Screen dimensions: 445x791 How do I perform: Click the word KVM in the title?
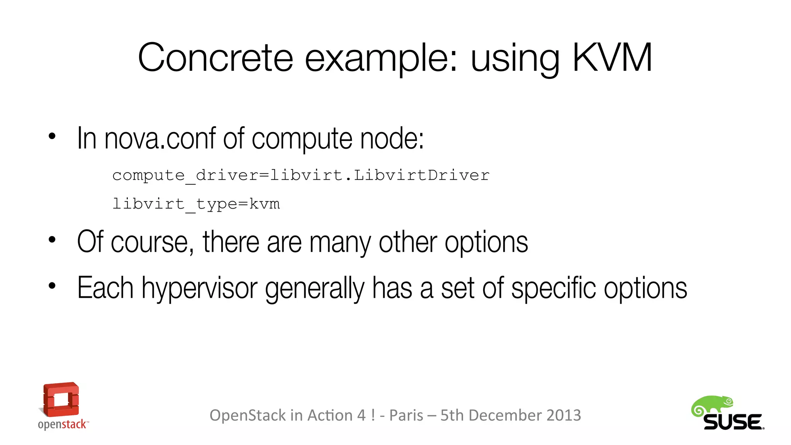pos(612,58)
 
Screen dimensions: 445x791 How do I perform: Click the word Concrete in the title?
pos(215,58)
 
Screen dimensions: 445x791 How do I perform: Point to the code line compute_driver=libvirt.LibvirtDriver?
pos(301,176)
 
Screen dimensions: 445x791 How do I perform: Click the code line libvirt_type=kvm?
pos(196,204)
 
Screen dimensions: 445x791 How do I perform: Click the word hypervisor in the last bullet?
pos(199,288)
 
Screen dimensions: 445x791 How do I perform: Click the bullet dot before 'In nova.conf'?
pos(52,136)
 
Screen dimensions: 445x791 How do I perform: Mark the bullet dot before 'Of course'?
pos(52,240)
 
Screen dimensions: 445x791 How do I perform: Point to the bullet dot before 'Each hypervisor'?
pos(52,286)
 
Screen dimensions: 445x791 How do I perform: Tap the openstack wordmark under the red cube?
pos(63,425)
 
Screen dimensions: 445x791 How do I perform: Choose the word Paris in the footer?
pos(406,416)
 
